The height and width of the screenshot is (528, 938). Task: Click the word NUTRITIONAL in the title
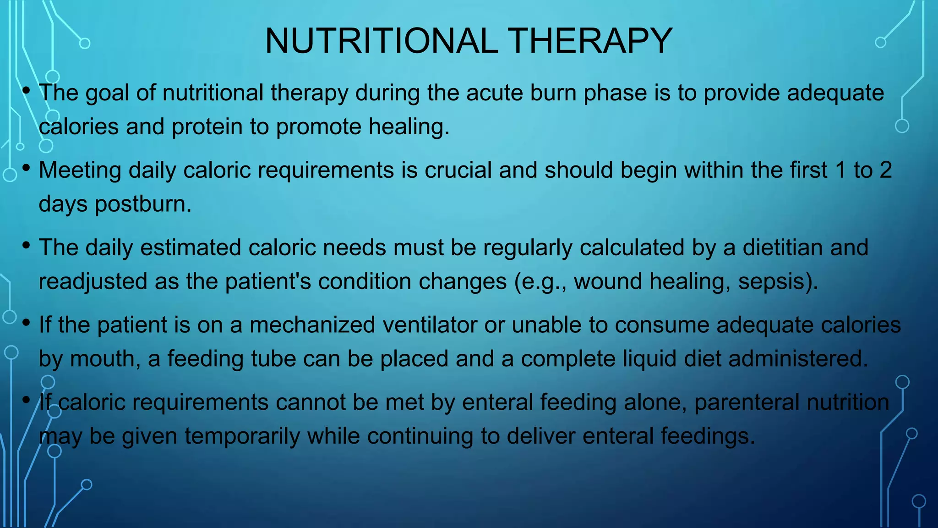click(381, 41)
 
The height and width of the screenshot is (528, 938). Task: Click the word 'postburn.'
click(143, 204)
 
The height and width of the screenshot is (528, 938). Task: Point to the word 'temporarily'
click(241, 436)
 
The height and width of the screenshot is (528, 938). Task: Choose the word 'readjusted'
click(93, 281)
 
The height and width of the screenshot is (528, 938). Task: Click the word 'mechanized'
click(312, 325)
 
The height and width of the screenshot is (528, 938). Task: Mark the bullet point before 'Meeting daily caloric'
click(26, 168)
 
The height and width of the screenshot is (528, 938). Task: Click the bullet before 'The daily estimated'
click(26, 246)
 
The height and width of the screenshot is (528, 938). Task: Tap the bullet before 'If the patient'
click(26, 323)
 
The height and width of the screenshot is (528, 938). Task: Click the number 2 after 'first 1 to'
click(886, 170)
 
